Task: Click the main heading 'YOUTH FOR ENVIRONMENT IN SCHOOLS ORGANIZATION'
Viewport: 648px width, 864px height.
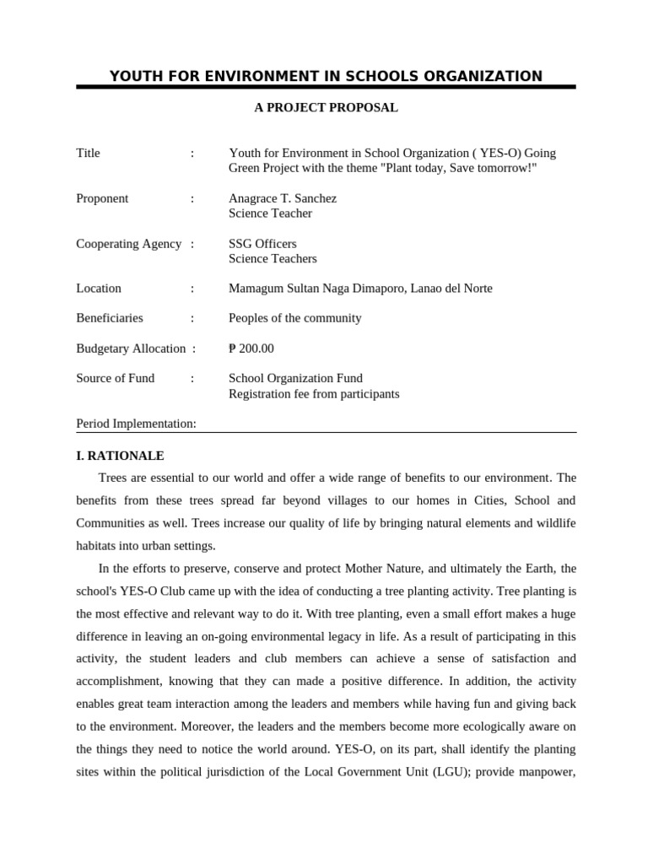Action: tap(326, 77)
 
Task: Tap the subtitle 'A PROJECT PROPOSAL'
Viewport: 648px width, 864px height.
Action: tap(326, 108)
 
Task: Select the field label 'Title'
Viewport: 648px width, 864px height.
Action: tap(88, 153)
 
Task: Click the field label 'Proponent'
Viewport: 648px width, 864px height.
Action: tap(102, 198)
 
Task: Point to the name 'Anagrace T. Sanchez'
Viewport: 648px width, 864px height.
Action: tap(282, 198)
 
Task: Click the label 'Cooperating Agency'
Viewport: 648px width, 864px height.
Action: tap(128, 244)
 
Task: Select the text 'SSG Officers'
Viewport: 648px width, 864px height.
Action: tap(262, 244)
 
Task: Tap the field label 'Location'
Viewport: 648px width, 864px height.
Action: tap(99, 289)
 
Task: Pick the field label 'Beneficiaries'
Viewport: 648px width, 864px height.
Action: tap(110, 318)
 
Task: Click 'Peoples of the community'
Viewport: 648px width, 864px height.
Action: tap(294, 318)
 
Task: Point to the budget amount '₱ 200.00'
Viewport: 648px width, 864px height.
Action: tap(251, 348)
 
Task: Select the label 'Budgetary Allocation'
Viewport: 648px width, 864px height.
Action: tap(131, 348)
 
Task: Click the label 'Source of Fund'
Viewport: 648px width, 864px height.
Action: tap(116, 378)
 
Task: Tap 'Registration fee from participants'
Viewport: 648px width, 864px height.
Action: tap(314, 394)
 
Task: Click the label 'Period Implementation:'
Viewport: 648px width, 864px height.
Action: tap(136, 424)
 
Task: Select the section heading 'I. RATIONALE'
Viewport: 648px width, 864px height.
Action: tap(120, 456)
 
